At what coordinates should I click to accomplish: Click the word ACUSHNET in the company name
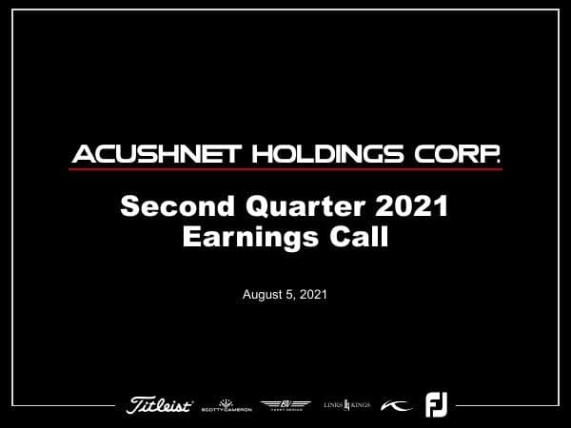point(149,154)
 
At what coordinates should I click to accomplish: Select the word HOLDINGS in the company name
point(323,154)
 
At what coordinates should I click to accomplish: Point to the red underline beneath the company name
point(285,169)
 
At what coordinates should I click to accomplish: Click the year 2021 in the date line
point(312,295)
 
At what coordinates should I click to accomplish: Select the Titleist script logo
point(160,405)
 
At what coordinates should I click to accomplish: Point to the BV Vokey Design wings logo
point(285,405)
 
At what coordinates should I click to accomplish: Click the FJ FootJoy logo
point(436,405)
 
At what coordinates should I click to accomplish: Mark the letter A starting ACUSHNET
point(81,154)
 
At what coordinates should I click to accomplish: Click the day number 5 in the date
point(289,295)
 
